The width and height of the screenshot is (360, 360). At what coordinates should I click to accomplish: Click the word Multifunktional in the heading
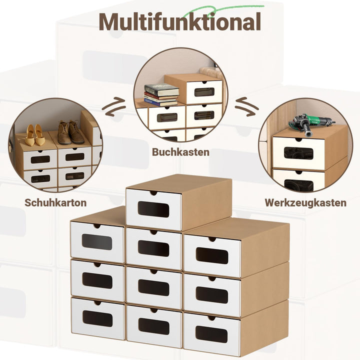pos(180,21)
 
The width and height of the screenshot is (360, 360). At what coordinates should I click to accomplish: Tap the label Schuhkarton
pos(55,202)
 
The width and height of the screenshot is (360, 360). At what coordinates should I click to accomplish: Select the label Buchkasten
pos(180,152)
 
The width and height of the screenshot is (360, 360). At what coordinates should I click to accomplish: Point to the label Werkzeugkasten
pos(305,202)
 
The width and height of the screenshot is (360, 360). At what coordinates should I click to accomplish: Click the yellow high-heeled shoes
pos(34,135)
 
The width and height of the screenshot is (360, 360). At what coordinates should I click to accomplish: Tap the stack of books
pos(161,95)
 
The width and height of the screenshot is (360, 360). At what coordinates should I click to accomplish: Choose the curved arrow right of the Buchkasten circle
pos(247,107)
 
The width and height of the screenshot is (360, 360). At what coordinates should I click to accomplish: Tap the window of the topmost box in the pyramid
pos(153,209)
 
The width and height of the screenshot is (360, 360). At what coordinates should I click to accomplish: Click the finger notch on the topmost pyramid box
pos(153,193)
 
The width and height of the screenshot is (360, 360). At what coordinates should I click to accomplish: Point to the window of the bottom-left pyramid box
pos(97,318)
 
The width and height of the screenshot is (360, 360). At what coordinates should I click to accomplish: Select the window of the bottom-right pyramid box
pos(211,334)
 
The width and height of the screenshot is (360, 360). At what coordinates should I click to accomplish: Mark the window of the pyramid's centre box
pos(154,287)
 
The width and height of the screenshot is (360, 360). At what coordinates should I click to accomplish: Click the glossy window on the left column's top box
pos(97,242)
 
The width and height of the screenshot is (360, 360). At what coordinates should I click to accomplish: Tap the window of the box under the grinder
pos(298,153)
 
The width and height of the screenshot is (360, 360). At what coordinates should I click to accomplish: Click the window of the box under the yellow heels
pos(40,159)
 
